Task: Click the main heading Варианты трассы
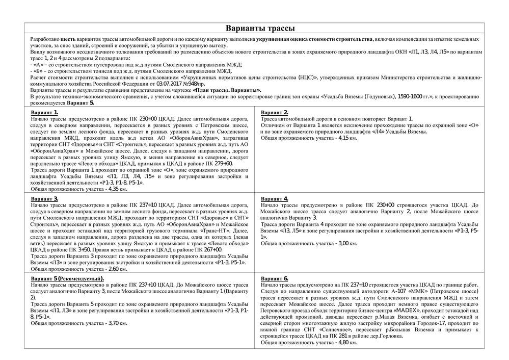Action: (x=260, y=28)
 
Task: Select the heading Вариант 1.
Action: (x=45, y=113)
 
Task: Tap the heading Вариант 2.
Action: (x=275, y=113)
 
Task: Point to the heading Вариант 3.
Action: (x=45, y=198)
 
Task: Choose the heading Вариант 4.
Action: (x=275, y=198)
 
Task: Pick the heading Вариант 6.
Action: (x=275, y=278)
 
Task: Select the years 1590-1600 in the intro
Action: (x=397, y=96)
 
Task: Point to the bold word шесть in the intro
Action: (x=68, y=39)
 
